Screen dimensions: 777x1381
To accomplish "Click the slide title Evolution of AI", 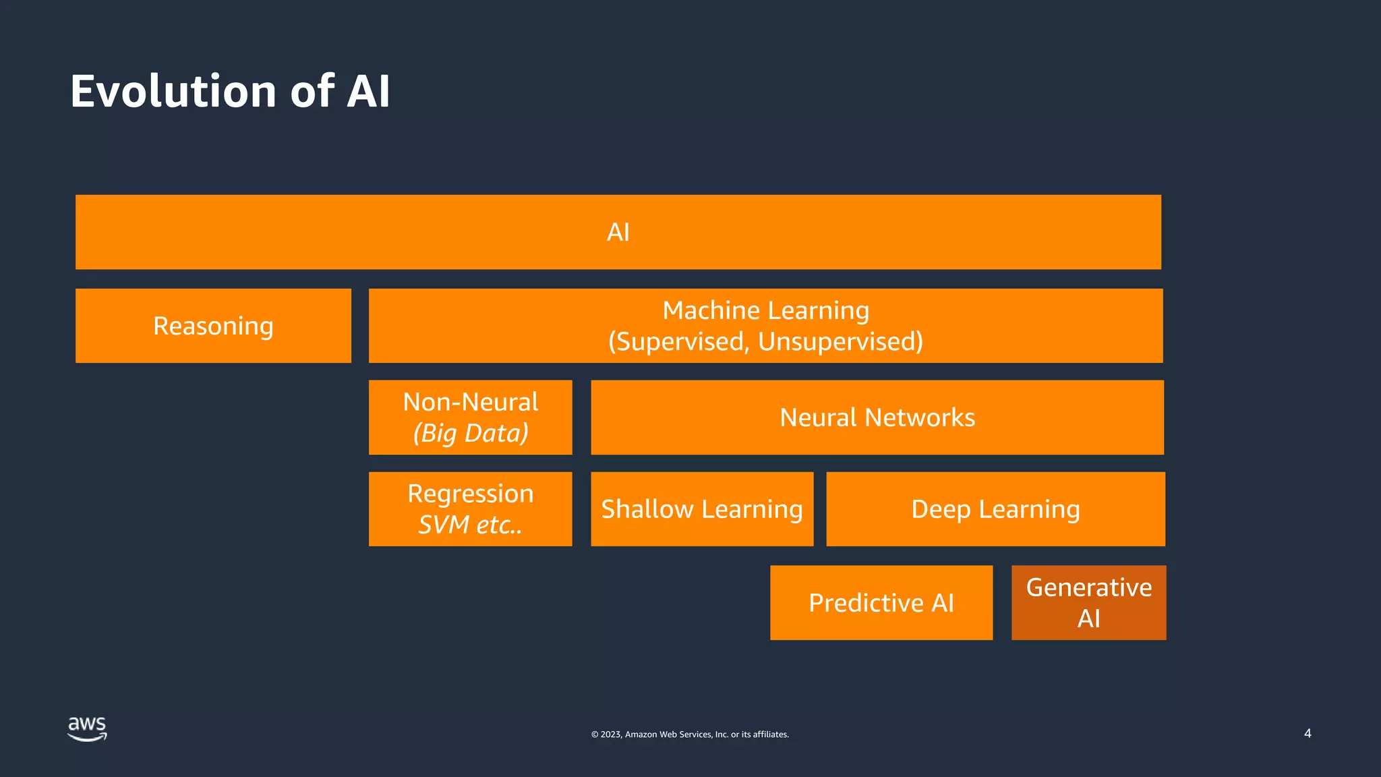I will coord(230,91).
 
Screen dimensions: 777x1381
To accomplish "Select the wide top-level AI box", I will coord(618,232).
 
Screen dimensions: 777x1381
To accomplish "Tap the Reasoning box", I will coord(213,326).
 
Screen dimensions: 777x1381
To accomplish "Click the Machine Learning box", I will coord(765,326).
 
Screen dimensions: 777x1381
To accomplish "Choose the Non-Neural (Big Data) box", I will coord(470,417).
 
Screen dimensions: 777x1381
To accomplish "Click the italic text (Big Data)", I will coord(471,433).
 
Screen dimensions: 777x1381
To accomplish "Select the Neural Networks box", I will coord(877,418).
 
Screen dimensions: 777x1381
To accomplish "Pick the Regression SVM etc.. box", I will coord(470,509).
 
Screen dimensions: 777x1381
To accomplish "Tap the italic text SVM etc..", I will coord(470,525).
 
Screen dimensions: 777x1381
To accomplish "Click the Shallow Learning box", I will coord(702,509).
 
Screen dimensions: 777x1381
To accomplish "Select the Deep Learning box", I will coord(995,509).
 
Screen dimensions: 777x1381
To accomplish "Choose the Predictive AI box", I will coord(881,602).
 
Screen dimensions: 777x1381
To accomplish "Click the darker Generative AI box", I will coord(1088,602).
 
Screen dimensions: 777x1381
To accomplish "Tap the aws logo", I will coord(87,728).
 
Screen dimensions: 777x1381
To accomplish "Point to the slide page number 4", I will coord(1307,733).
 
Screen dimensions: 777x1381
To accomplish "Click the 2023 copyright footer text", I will coord(690,735).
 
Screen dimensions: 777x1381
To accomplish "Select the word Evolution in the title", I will coord(173,91).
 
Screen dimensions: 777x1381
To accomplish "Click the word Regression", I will coord(470,494).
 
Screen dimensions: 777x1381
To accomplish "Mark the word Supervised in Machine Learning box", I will coord(680,342).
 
